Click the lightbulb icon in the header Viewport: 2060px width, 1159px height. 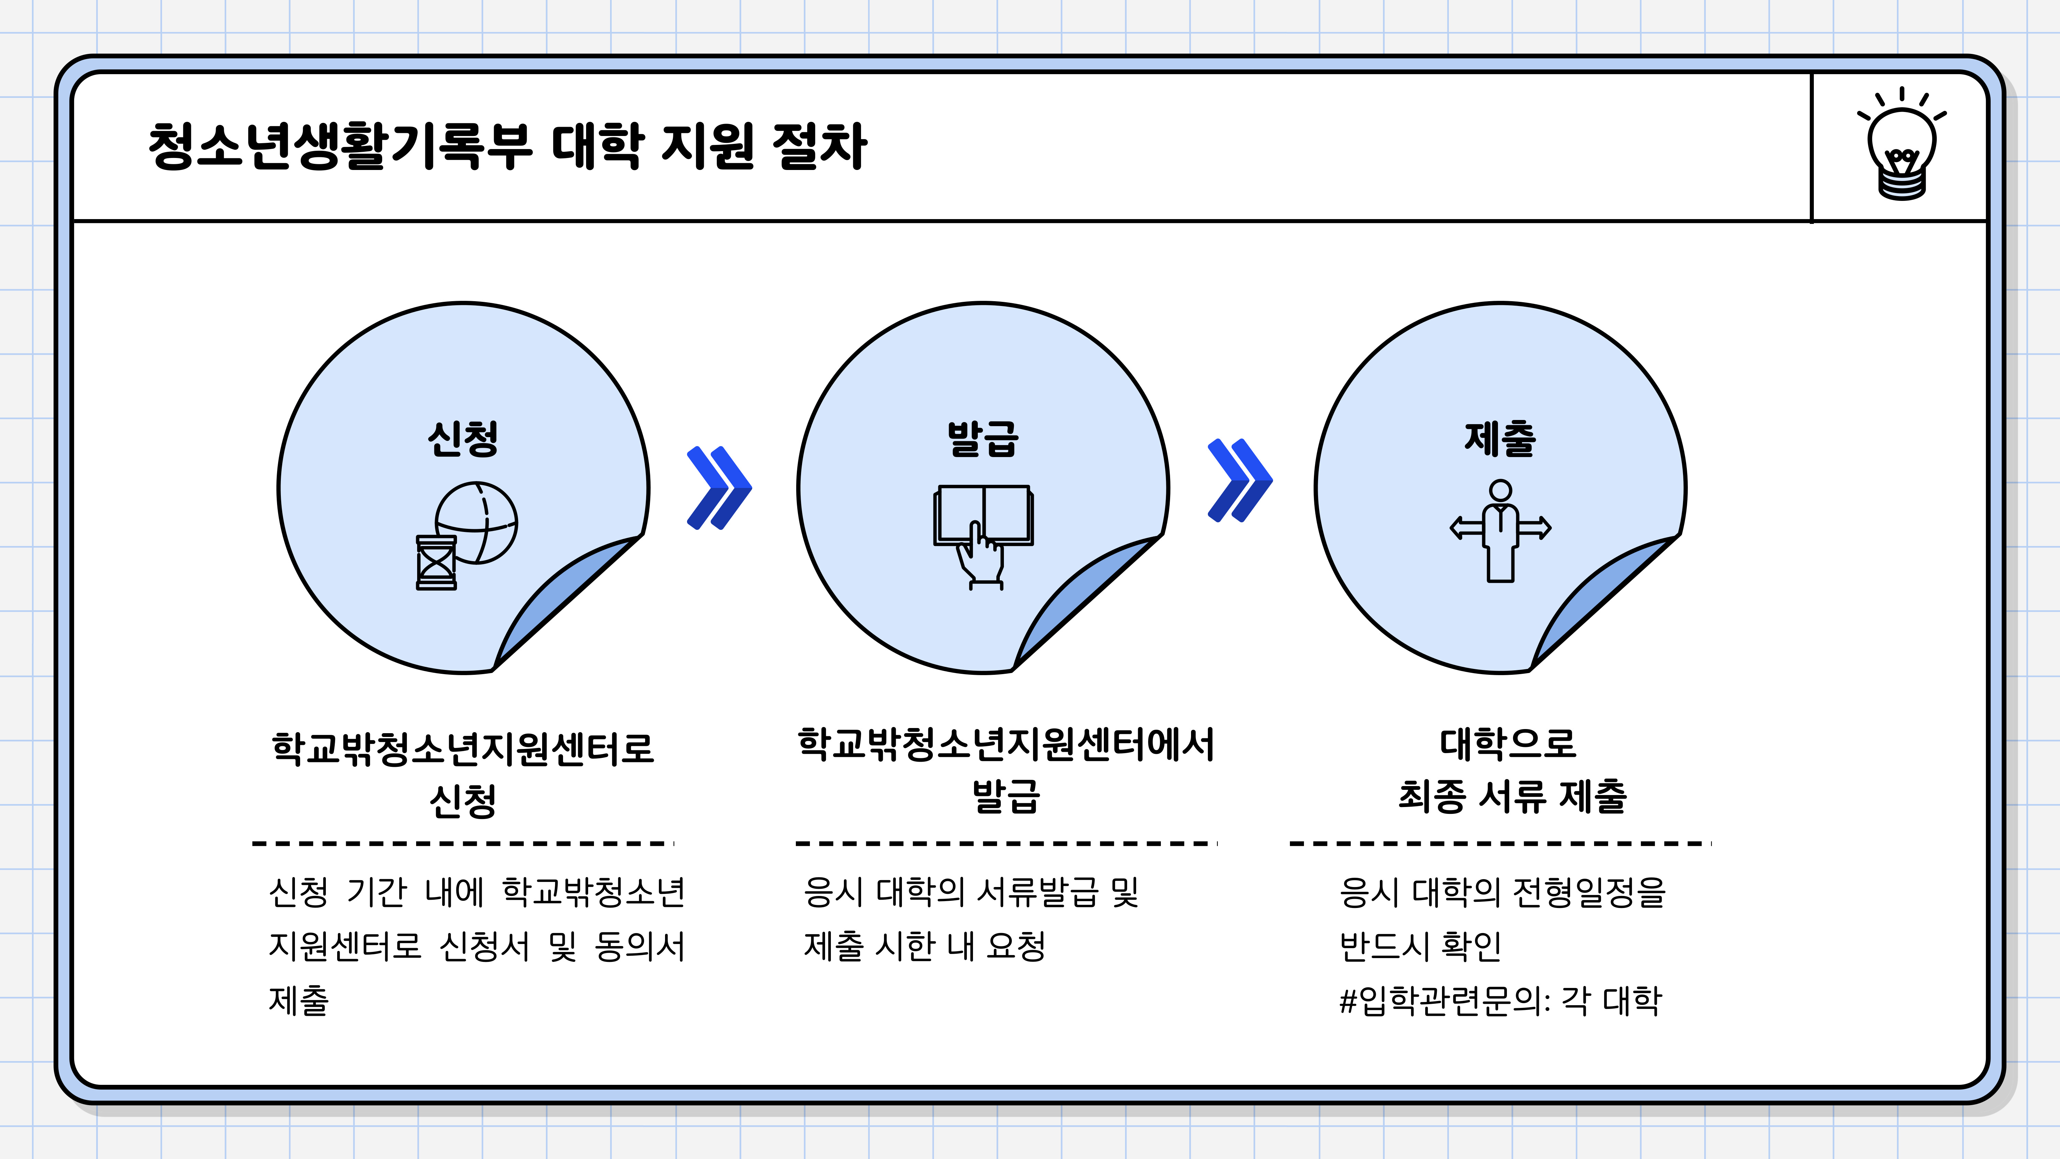(x=1902, y=144)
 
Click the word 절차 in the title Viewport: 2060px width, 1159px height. (x=820, y=146)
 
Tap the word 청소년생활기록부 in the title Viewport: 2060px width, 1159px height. (x=340, y=146)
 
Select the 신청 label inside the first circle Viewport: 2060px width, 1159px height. (x=463, y=438)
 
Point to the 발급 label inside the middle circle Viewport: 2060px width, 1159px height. (x=983, y=438)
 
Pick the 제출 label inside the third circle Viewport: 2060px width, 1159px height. (x=1500, y=438)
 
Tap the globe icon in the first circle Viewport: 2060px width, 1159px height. (x=477, y=522)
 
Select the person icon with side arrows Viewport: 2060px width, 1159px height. (x=1500, y=530)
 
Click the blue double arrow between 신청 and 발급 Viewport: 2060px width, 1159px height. (x=719, y=488)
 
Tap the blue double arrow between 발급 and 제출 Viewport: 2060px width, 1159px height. (x=1239, y=480)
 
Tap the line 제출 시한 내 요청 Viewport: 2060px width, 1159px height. (x=925, y=946)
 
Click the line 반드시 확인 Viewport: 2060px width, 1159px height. (x=1420, y=946)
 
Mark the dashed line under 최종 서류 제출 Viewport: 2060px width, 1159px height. (x=1500, y=843)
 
